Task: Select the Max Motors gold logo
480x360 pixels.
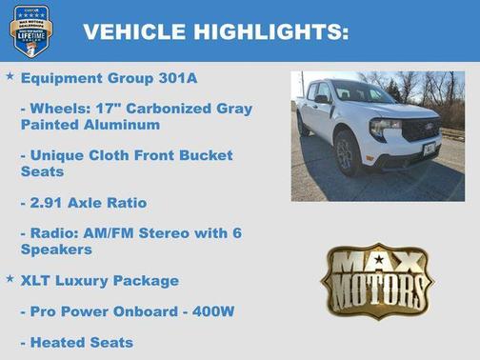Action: click(376, 280)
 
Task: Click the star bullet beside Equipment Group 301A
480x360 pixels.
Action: click(10, 74)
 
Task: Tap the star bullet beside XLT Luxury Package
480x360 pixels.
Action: click(10, 278)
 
